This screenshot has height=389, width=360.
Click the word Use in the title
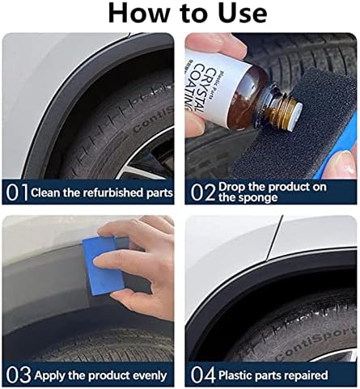243,13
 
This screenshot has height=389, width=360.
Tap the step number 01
17,192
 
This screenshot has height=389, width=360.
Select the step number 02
203,192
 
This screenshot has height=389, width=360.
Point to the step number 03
19,375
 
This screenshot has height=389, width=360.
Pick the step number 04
203,375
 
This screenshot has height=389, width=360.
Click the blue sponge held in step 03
104,266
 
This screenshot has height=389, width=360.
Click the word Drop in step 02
232,187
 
